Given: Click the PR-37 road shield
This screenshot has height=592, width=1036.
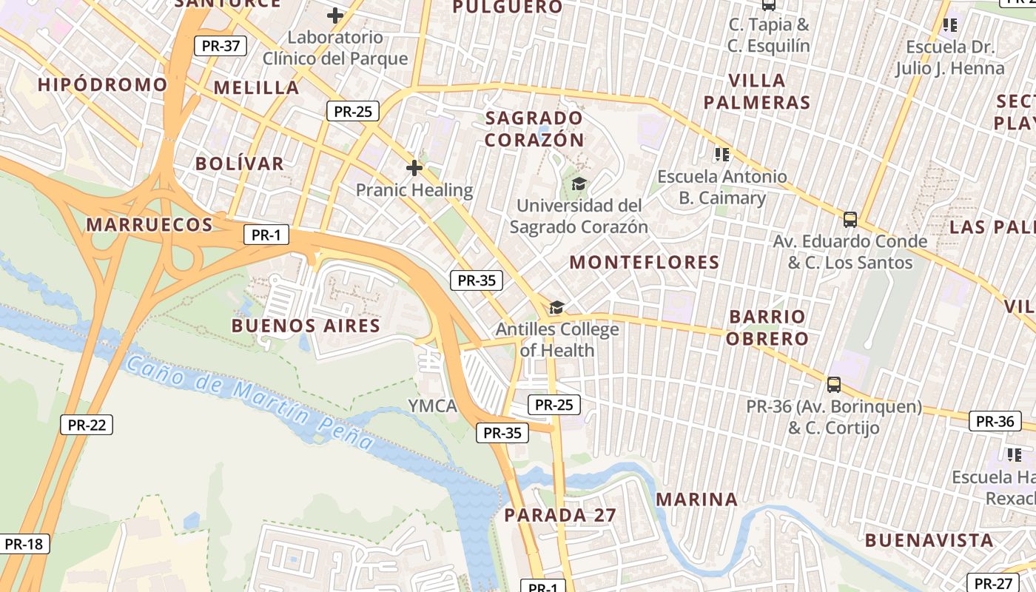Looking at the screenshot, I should [x=221, y=46].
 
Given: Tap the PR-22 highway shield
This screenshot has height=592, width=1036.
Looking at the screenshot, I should [x=87, y=425].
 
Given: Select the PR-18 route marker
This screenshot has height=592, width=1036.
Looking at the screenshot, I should [x=24, y=544].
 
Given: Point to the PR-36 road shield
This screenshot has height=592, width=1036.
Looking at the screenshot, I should [x=995, y=421].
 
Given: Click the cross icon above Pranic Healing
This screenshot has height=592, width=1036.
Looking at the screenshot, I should [x=414, y=168].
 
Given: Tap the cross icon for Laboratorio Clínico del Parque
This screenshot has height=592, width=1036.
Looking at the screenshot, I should [x=335, y=15].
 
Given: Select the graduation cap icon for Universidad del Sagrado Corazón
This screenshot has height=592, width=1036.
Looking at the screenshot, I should [x=579, y=184].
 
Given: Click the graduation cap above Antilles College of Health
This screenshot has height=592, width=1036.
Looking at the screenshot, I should [x=556, y=307].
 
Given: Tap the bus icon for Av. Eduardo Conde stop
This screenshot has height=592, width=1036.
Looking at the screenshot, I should [x=850, y=220].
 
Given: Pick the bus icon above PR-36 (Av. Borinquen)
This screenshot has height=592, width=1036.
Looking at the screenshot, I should [x=834, y=385].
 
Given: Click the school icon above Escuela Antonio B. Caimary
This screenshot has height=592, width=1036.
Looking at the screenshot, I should [x=722, y=155].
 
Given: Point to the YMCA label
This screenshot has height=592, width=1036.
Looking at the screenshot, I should [x=432, y=406].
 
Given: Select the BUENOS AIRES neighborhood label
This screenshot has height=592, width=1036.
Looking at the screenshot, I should [x=306, y=326].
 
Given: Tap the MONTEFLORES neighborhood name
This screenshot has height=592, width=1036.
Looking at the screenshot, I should [x=644, y=262].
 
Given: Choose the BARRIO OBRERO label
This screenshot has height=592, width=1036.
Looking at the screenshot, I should [x=767, y=328].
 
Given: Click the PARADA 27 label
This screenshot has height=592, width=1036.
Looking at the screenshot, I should [x=560, y=515].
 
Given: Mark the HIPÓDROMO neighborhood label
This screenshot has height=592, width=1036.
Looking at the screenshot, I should [x=103, y=84].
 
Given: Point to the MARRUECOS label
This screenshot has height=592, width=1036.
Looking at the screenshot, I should [x=149, y=224].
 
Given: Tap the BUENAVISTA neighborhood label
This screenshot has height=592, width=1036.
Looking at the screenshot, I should [x=929, y=540].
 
